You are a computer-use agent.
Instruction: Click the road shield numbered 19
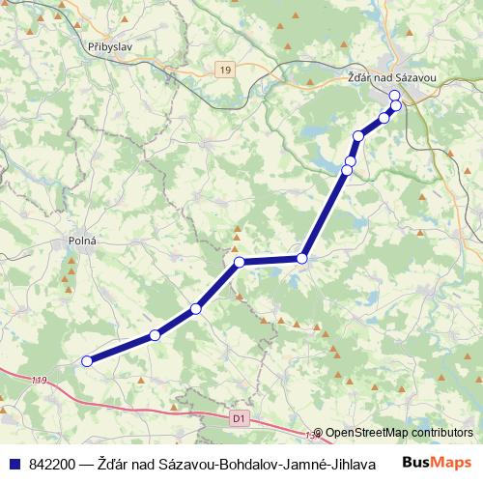tap(225, 70)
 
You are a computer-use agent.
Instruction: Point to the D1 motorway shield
tap(240, 418)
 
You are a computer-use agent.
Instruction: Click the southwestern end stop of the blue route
tap(87, 361)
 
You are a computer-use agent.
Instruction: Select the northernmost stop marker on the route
tap(394, 96)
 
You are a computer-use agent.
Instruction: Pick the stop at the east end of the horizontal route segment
tap(302, 258)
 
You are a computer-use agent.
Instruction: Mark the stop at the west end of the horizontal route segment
tap(239, 262)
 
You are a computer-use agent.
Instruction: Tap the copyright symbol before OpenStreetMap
tap(319, 434)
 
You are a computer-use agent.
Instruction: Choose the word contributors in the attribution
tap(442, 434)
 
